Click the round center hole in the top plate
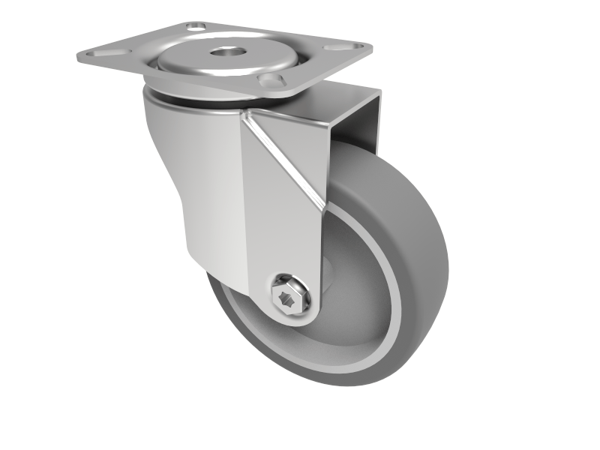pyautogui.click(x=222, y=54)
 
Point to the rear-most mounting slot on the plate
pyautogui.click(x=197, y=28)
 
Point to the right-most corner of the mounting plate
pyautogui.click(x=371, y=46)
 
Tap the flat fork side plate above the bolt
pyautogui.click(x=281, y=225)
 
